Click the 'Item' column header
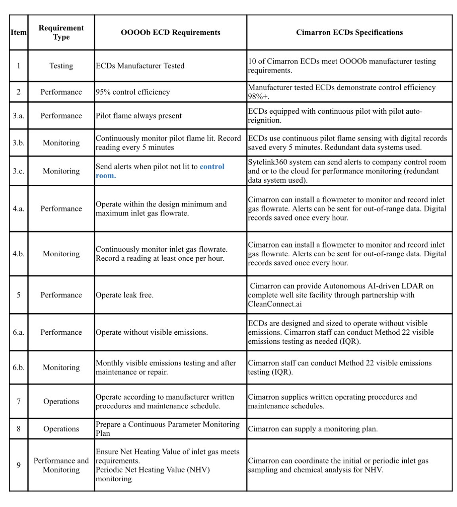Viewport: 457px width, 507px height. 19,32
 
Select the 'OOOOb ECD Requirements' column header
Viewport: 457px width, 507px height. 170,32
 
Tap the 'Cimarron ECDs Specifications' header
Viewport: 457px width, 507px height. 349,32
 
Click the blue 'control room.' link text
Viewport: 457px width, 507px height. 160,171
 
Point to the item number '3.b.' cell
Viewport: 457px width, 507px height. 19,143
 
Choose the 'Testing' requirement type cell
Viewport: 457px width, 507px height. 61,66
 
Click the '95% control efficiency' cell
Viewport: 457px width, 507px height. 133,92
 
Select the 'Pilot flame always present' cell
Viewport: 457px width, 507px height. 139,116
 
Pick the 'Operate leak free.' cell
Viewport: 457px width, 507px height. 124,295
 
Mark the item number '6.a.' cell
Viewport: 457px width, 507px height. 19,332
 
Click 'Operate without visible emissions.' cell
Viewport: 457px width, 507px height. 152,332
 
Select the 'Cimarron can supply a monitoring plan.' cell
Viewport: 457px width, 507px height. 313,429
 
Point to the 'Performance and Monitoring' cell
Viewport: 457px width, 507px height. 61,465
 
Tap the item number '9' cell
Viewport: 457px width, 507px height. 19,465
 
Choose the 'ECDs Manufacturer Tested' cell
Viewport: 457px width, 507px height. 140,66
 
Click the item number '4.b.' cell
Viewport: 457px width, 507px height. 19,254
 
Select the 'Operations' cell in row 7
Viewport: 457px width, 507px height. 61,402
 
